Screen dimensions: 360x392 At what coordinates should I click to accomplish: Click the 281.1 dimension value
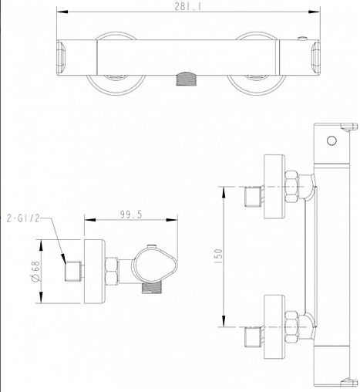[x=188, y=6]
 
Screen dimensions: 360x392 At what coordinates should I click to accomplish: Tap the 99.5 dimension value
[x=131, y=215]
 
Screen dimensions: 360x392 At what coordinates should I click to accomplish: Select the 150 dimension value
[x=218, y=255]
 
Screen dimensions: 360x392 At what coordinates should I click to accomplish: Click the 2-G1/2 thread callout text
[x=23, y=218]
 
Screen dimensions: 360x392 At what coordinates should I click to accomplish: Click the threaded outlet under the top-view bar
[x=186, y=79]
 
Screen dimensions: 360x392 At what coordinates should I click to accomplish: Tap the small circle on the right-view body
[x=331, y=140]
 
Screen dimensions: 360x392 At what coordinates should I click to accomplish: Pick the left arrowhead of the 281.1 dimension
[x=62, y=12]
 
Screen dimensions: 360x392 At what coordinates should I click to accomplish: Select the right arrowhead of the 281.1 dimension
[x=315, y=12]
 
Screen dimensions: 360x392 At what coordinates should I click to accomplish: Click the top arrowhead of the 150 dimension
[x=224, y=192]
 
